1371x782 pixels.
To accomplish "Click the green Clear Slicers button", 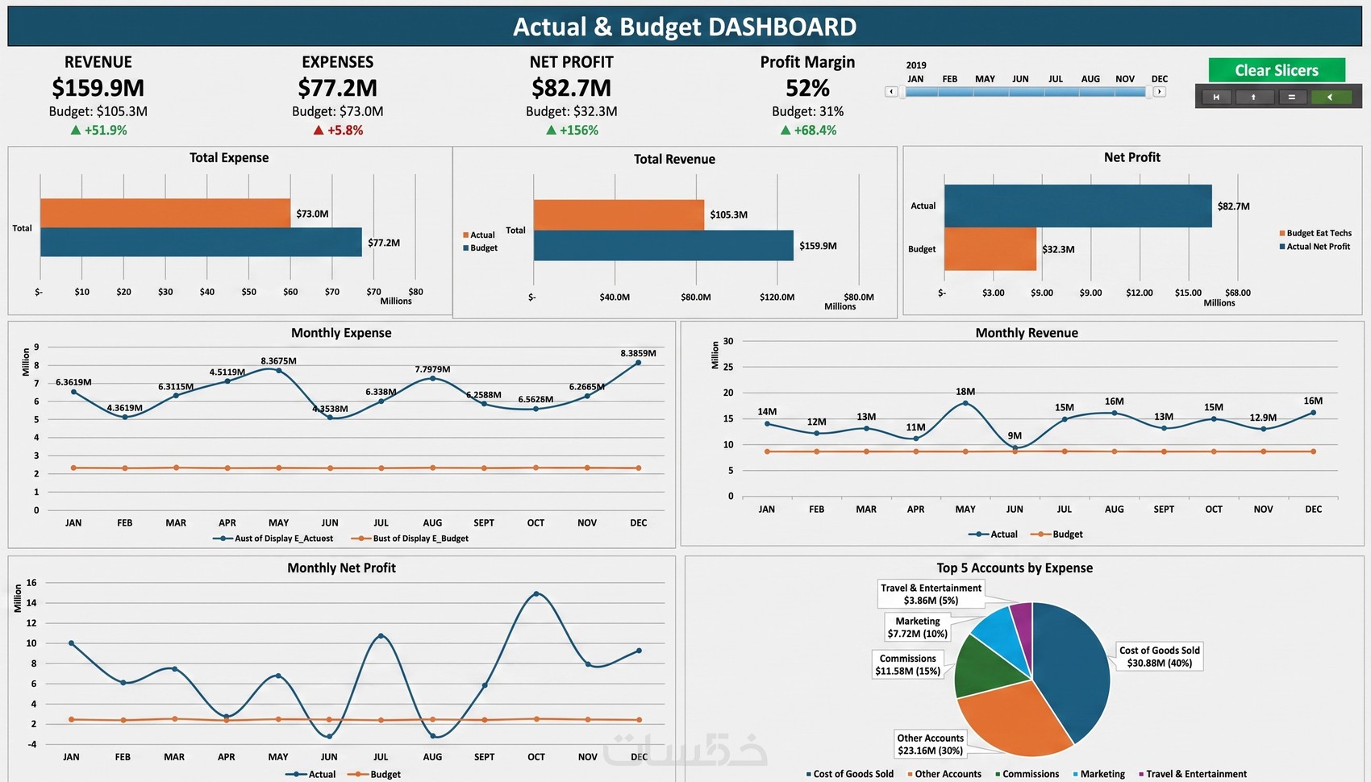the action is [1277, 70].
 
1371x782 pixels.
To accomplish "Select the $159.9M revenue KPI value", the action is [98, 88].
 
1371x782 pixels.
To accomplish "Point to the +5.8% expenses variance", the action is [338, 131].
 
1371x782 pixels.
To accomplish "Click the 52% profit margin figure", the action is [807, 88].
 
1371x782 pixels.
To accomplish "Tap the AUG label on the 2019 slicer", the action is [1090, 79].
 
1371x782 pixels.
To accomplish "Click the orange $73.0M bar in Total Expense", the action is [165, 213].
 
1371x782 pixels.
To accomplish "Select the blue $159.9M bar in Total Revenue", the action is [664, 245].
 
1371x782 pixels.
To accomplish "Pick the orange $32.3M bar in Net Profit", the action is [990, 249].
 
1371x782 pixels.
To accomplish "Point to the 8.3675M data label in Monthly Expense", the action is [278, 361].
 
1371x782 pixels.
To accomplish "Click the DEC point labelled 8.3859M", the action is [639, 363].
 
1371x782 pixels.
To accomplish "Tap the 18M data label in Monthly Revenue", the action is [965, 392].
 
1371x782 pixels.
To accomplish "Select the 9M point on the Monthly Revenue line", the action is [1015, 448].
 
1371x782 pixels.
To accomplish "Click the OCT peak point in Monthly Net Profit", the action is [536, 593].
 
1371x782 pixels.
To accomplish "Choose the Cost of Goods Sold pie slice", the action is [1074, 667].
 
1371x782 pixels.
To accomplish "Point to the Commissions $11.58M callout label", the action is [907, 664].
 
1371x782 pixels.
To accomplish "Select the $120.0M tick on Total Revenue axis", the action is [777, 297].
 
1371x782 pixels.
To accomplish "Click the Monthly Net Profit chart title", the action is [341, 568].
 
